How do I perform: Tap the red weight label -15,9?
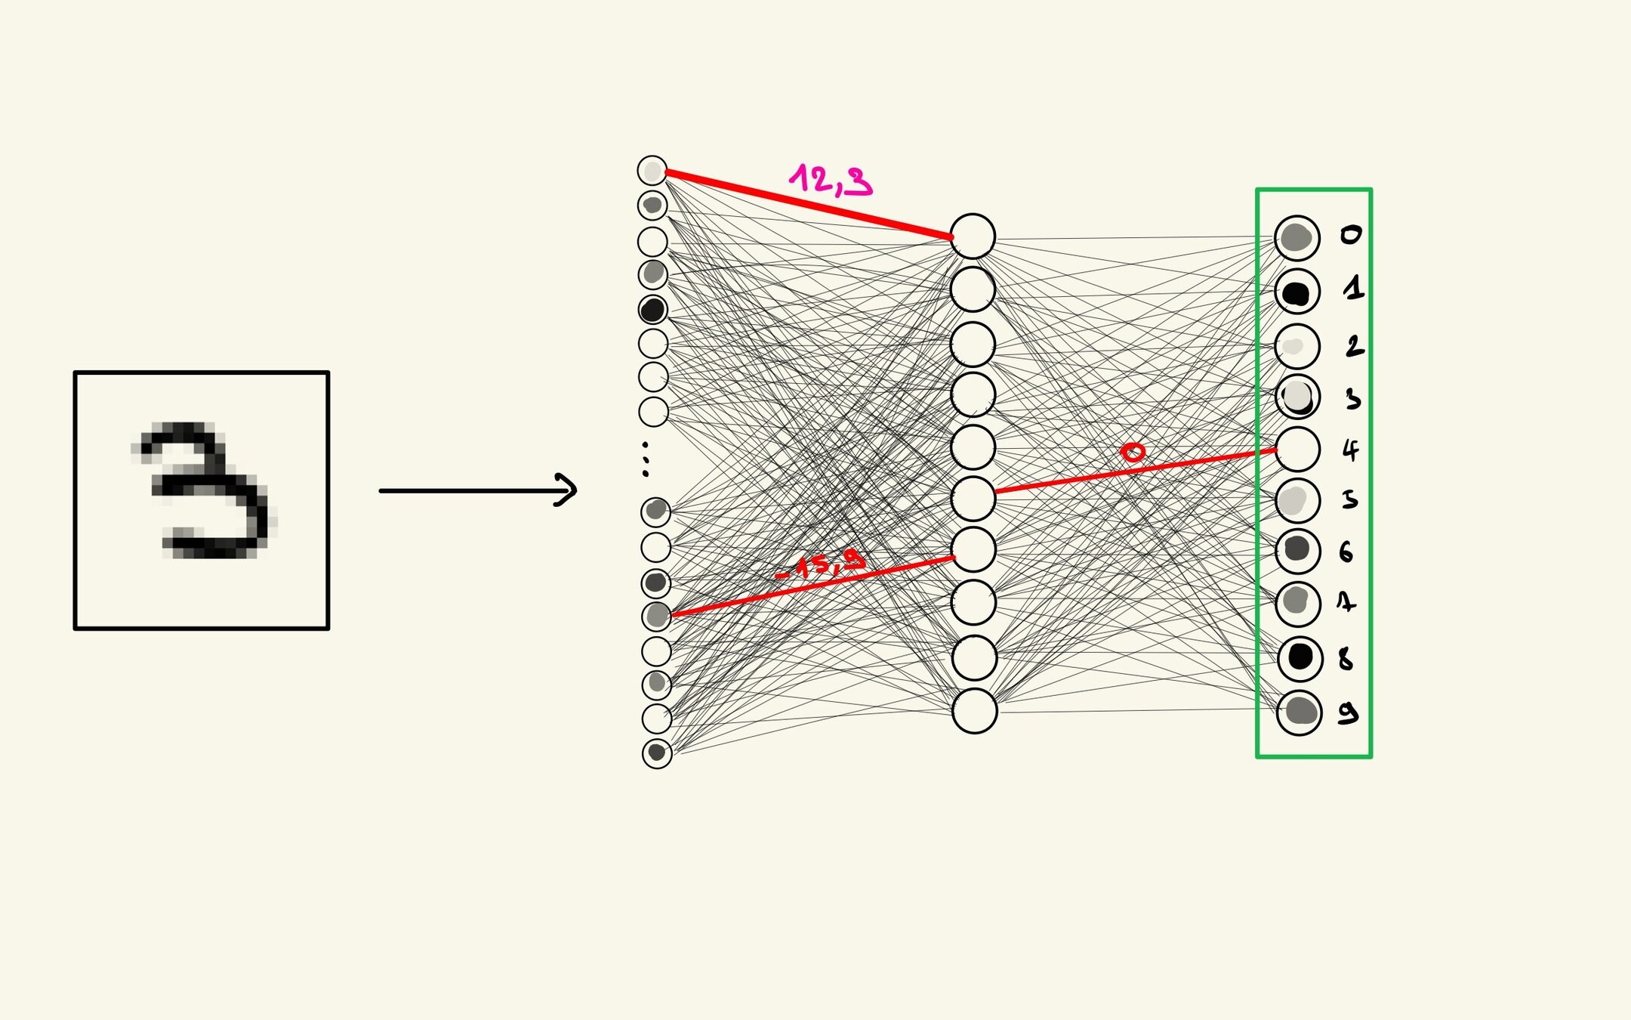click(820, 564)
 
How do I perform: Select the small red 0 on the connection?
click(1133, 453)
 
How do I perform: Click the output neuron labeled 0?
click(1296, 237)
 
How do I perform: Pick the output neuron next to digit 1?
click(1296, 292)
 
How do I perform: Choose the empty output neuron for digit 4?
click(1297, 450)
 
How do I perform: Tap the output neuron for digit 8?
click(1300, 657)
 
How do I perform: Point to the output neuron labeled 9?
click(1300, 712)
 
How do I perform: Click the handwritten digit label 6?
click(1346, 552)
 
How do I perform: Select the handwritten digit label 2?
click(1354, 347)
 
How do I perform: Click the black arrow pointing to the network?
click(477, 490)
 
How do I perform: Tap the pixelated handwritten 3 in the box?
click(202, 492)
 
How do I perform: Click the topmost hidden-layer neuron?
click(973, 236)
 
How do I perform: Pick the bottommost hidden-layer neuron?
click(974, 711)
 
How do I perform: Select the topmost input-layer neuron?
click(652, 171)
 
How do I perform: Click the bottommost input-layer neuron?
click(657, 753)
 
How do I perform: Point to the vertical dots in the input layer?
click(645, 459)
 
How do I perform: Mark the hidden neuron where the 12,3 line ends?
click(973, 236)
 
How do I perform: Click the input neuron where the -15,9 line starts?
click(657, 617)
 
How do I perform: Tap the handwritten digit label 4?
click(1350, 451)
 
